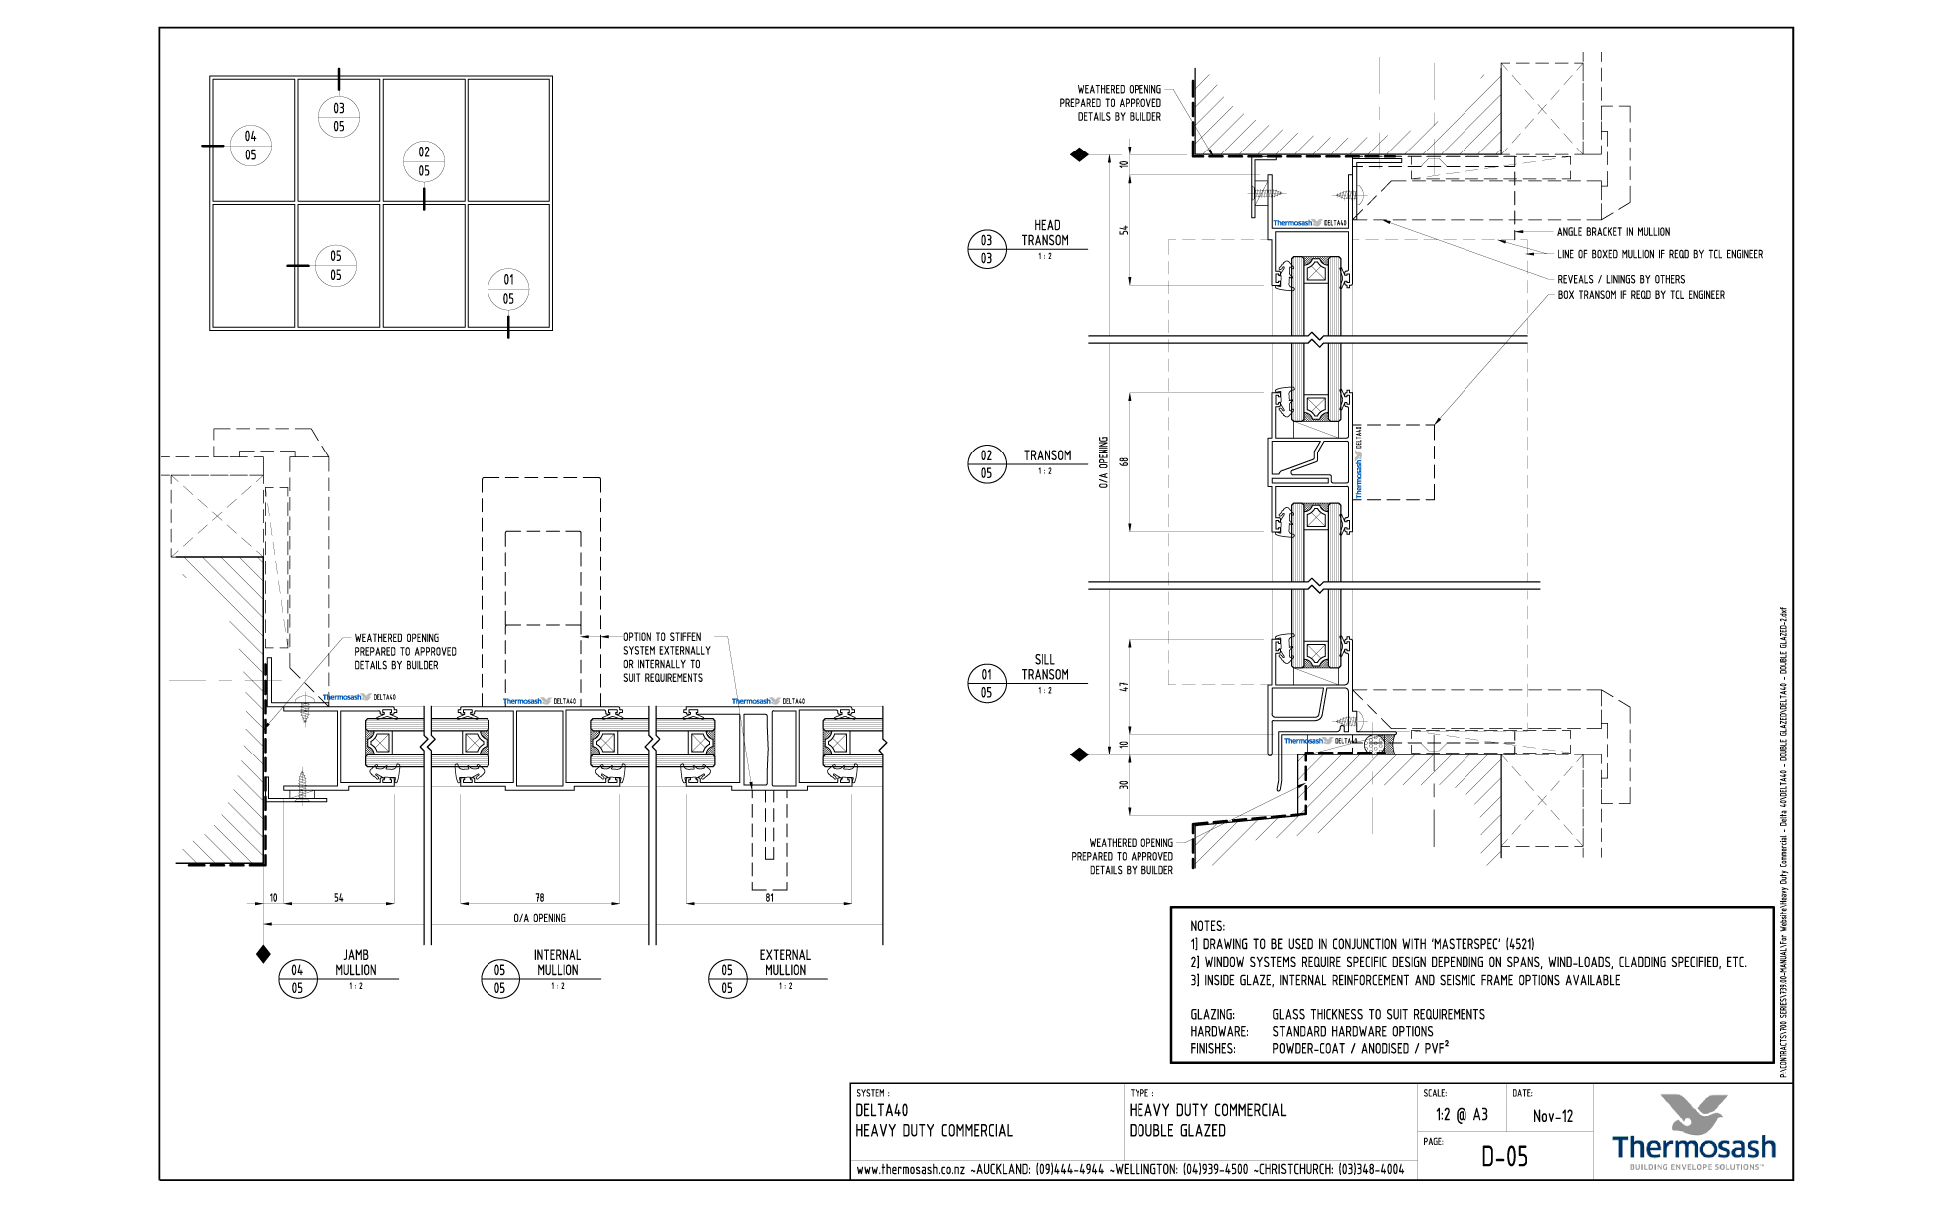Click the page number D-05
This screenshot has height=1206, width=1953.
tap(1504, 1156)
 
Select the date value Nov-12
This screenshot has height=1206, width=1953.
tap(1553, 1116)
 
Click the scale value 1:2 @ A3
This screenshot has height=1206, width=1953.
tap(1462, 1115)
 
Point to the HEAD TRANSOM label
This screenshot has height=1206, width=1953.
tap(1045, 233)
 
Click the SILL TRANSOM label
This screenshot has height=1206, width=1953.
tap(1044, 667)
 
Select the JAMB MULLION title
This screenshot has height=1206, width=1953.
tap(355, 962)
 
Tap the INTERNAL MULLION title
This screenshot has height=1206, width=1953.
tap(557, 962)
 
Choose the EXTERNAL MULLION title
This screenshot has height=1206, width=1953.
tap(785, 962)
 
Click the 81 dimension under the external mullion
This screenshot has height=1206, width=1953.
tap(769, 898)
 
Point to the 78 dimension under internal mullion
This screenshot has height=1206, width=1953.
tap(539, 898)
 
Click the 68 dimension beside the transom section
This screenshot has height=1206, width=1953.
tap(1124, 462)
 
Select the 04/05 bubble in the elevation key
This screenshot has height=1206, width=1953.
tap(250, 146)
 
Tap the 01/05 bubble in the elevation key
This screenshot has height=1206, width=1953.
tap(508, 289)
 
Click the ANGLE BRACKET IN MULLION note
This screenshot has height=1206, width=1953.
tap(1613, 232)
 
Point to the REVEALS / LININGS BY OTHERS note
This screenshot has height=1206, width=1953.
tap(1621, 279)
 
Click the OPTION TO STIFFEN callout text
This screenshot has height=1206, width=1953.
tap(666, 657)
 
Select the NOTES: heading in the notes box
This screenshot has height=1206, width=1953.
tap(1207, 926)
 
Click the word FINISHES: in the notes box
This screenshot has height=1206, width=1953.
tap(1213, 1049)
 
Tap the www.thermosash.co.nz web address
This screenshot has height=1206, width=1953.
tap(911, 1170)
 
